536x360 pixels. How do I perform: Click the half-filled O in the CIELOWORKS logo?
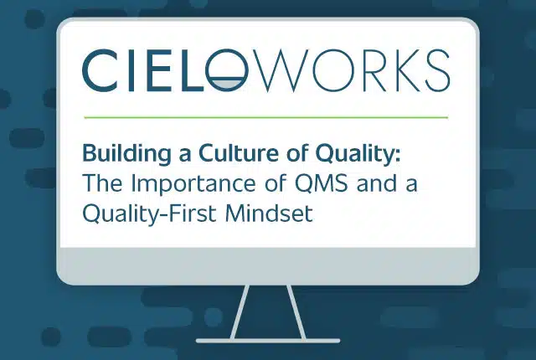(225, 70)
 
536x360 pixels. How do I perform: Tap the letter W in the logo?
(280, 70)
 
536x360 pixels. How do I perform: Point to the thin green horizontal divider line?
(266, 117)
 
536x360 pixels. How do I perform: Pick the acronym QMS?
(322, 183)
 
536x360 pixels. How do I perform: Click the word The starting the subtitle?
(102, 183)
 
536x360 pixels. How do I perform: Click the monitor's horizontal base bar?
(268, 341)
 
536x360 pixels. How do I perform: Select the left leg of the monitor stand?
(240, 312)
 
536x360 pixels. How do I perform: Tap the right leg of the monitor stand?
(296, 312)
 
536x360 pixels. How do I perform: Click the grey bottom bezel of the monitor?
(268, 265)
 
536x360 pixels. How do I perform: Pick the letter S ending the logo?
(437, 70)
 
